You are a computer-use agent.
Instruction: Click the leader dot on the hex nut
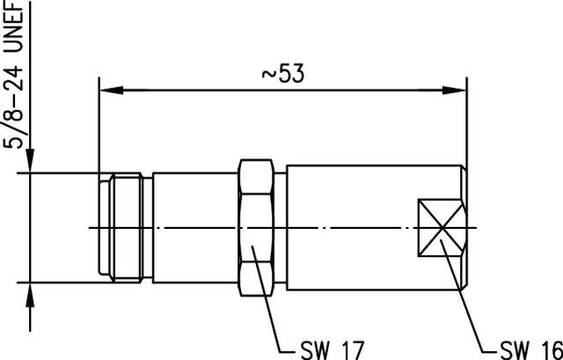coord(252,248)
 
